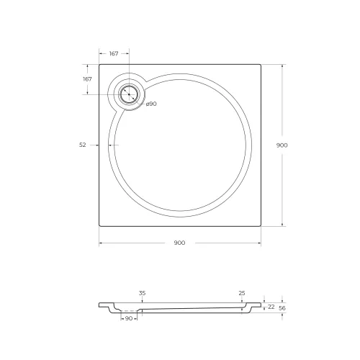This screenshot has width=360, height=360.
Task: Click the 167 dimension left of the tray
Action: click(87, 78)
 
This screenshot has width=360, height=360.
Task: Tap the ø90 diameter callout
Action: click(151, 104)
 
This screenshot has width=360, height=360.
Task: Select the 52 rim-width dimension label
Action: click(83, 145)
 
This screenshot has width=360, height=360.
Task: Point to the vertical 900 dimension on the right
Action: click(282, 145)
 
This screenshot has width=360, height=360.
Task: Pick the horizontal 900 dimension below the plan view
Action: click(179, 243)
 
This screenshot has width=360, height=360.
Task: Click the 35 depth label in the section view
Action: click(142, 293)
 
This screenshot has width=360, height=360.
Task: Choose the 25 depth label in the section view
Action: click(242, 293)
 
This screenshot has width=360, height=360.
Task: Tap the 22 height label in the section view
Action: click(271, 307)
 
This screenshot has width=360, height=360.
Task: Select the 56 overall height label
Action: click(283, 307)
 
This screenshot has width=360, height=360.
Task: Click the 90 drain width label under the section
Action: click(130, 318)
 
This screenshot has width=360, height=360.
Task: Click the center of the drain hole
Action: click(129, 94)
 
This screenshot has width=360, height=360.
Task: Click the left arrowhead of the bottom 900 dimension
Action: click(100, 243)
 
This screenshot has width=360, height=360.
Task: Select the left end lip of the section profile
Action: click(101, 305)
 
